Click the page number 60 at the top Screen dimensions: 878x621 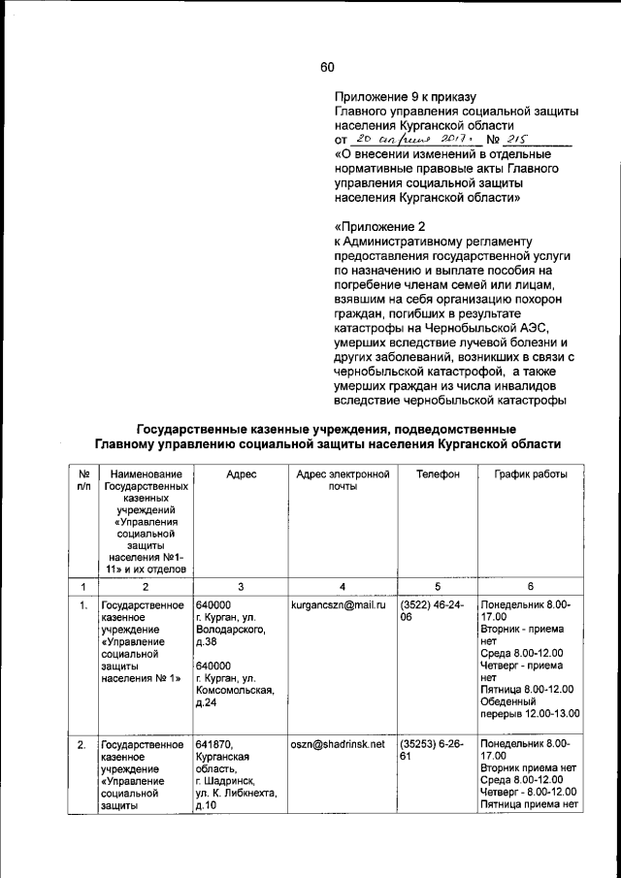click(326, 67)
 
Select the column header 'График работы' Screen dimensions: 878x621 click(529, 473)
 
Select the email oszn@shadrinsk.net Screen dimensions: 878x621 click(338, 745)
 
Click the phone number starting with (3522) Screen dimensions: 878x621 click(433, 612)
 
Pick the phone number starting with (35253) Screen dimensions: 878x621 click(433, 752)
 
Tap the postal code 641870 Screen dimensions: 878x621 click(213, 745)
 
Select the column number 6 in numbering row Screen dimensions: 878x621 click(530, 586)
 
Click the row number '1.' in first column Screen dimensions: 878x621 click(83, 605)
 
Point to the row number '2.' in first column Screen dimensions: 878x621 click(83, 745)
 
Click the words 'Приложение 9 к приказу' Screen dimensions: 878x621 click(405, 97)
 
